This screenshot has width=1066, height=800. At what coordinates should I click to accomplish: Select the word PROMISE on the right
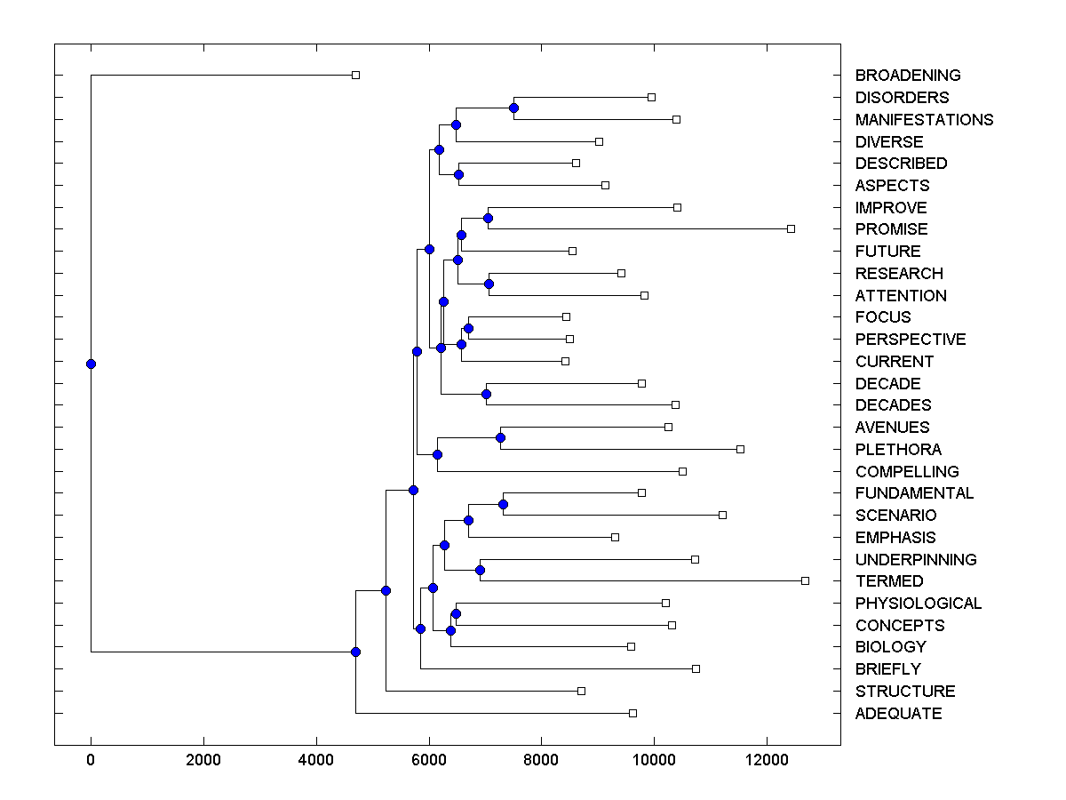[891, 229]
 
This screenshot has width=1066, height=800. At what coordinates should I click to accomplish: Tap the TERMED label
[889, 581]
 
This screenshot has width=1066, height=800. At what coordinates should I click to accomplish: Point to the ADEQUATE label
[898, 714]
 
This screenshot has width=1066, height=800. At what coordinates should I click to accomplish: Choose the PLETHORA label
[898, 450]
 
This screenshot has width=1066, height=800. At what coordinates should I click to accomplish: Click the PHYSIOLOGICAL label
[919, 604]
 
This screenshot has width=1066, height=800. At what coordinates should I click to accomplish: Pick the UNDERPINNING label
[916, 560]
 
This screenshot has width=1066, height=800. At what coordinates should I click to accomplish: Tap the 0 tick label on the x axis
[91, 760]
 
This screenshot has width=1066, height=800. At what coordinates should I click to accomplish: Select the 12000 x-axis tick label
[767, 760]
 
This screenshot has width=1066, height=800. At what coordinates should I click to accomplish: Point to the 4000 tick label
[316, 760]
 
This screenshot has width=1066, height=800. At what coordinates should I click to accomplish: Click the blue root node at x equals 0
[91, 364]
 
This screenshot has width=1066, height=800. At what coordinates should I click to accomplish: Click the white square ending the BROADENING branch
[355, 75]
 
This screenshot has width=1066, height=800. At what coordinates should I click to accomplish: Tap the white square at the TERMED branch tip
[805, 580]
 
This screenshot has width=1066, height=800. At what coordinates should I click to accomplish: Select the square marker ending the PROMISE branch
[791, 228]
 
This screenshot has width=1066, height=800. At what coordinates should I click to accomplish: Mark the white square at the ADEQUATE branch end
[632, 713]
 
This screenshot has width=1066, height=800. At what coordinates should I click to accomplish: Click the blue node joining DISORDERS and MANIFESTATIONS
[513, 108]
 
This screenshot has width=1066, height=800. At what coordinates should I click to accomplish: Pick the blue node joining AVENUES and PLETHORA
[500, 437]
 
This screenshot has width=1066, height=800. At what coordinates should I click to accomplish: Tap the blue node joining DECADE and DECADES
[486, 394]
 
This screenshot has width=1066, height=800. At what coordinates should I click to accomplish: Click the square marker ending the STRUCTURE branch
[581, 691]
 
